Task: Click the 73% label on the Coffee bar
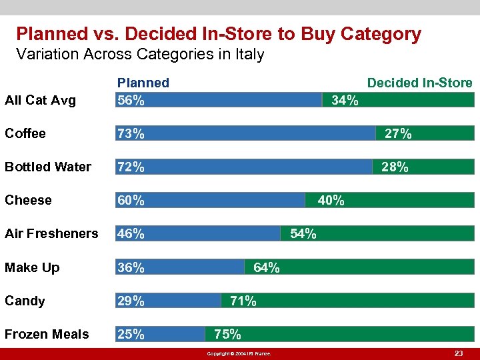131,133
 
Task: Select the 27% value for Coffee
398,133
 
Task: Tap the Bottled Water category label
48,167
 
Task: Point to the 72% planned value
131,167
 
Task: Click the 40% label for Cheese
331,200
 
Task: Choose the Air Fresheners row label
51,233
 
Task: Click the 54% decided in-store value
303,233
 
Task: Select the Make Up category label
32,267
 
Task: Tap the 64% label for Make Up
267,267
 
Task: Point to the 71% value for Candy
243,301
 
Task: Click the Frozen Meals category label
47,334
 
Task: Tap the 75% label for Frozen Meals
228,334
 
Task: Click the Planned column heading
143,83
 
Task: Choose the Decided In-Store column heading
420,83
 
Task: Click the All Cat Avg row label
40,101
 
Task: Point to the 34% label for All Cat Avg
345,101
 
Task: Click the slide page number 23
458,353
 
